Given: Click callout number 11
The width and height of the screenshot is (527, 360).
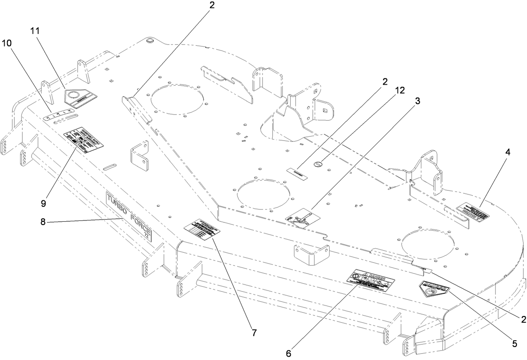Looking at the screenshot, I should (35, 31).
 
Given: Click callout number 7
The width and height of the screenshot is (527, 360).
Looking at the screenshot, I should (254, 334).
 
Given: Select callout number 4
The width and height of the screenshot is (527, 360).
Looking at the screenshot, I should (508, 153).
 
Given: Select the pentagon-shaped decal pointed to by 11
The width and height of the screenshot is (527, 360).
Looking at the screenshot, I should (80, 96).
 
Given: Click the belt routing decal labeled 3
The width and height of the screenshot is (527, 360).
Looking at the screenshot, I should (302, 217).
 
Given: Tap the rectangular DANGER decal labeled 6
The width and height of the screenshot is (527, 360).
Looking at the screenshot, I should (371, 284).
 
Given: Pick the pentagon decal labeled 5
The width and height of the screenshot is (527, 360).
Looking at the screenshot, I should (433, 289).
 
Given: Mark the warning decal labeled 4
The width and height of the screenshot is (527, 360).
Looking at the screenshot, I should (473, 212).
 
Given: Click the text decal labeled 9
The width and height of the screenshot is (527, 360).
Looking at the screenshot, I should (84, 140).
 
